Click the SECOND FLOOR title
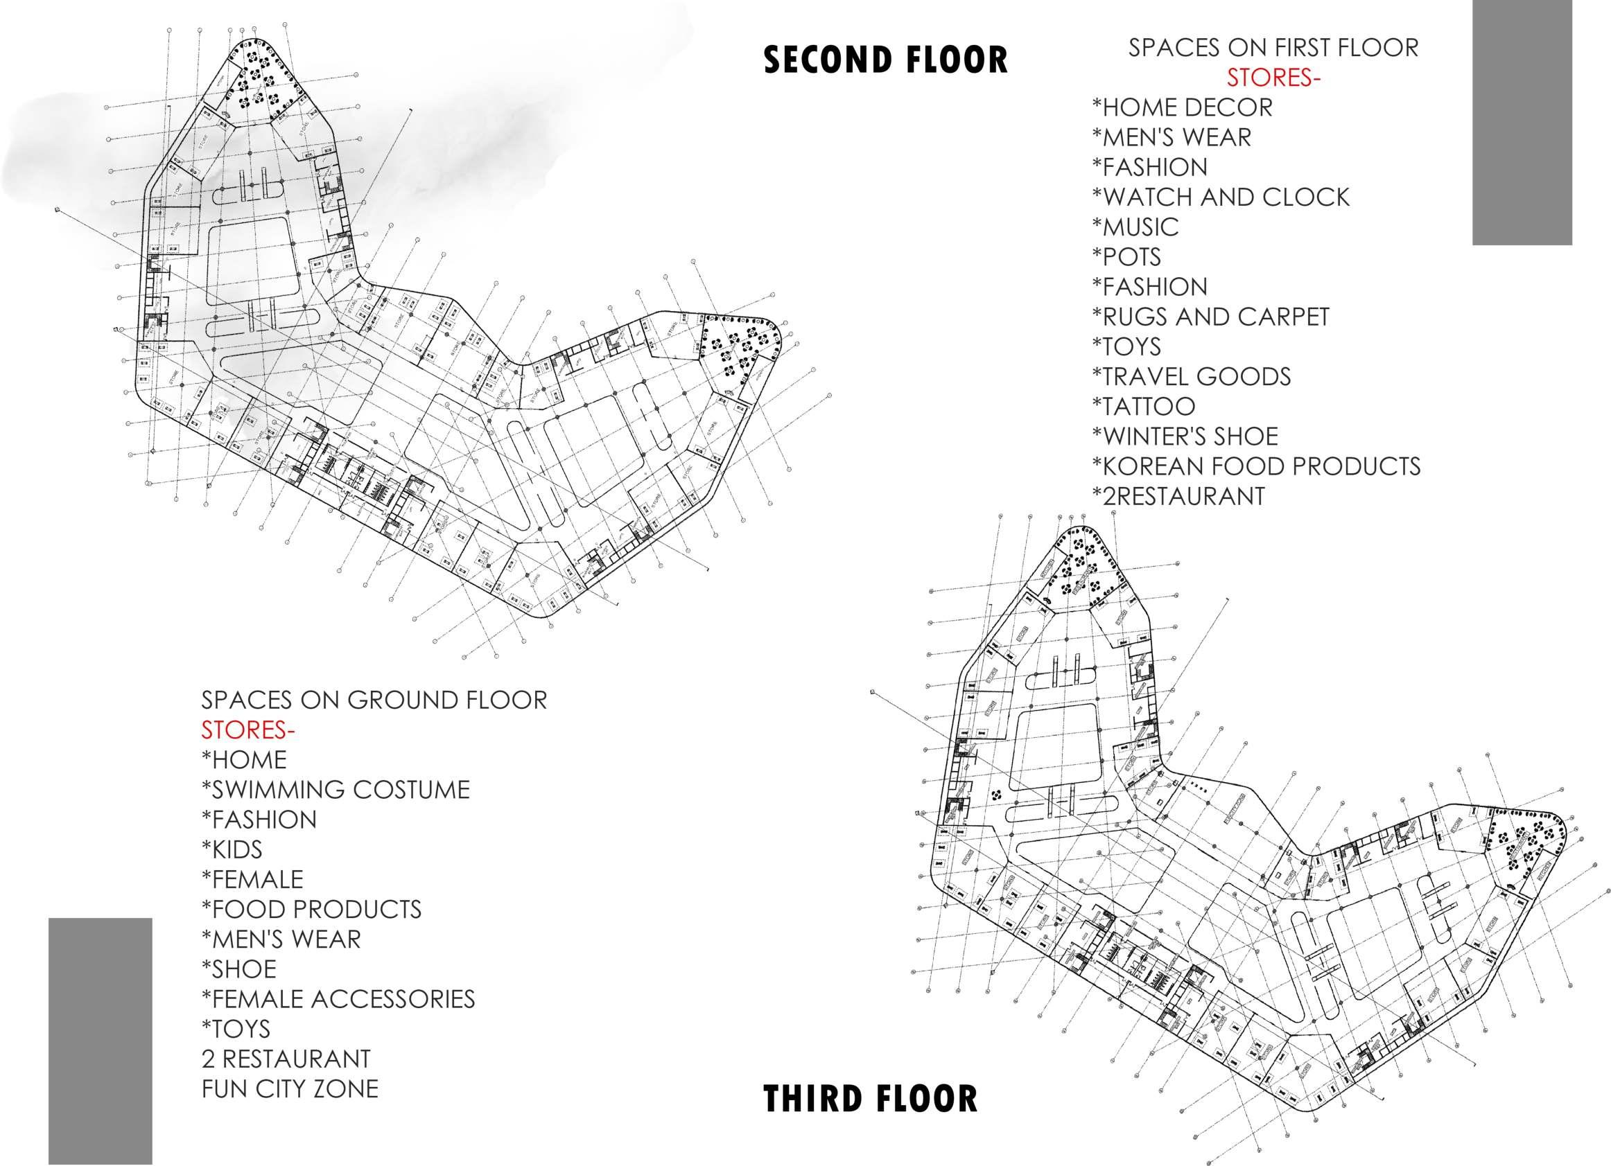[885, 60]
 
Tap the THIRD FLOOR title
[870, 1099]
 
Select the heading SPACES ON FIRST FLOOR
[1273, 48]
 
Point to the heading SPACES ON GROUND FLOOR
[374, 700]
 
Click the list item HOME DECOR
[1182, 107]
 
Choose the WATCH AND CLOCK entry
[1220, 197]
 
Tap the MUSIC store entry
[1135, 227]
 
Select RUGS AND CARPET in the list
[1210, 317]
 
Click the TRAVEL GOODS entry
[1191, 376]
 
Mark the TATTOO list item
[1144, 406]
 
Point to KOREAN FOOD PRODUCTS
[1256, 466]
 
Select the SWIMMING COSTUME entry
[336, 790]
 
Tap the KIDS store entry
[232, 849]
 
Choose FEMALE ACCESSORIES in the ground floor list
[338, 999]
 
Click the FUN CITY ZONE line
[290, 1088]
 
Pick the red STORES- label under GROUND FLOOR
[248, 730]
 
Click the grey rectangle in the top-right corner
[1522, 122]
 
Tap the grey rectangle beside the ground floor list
[100, 1041]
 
